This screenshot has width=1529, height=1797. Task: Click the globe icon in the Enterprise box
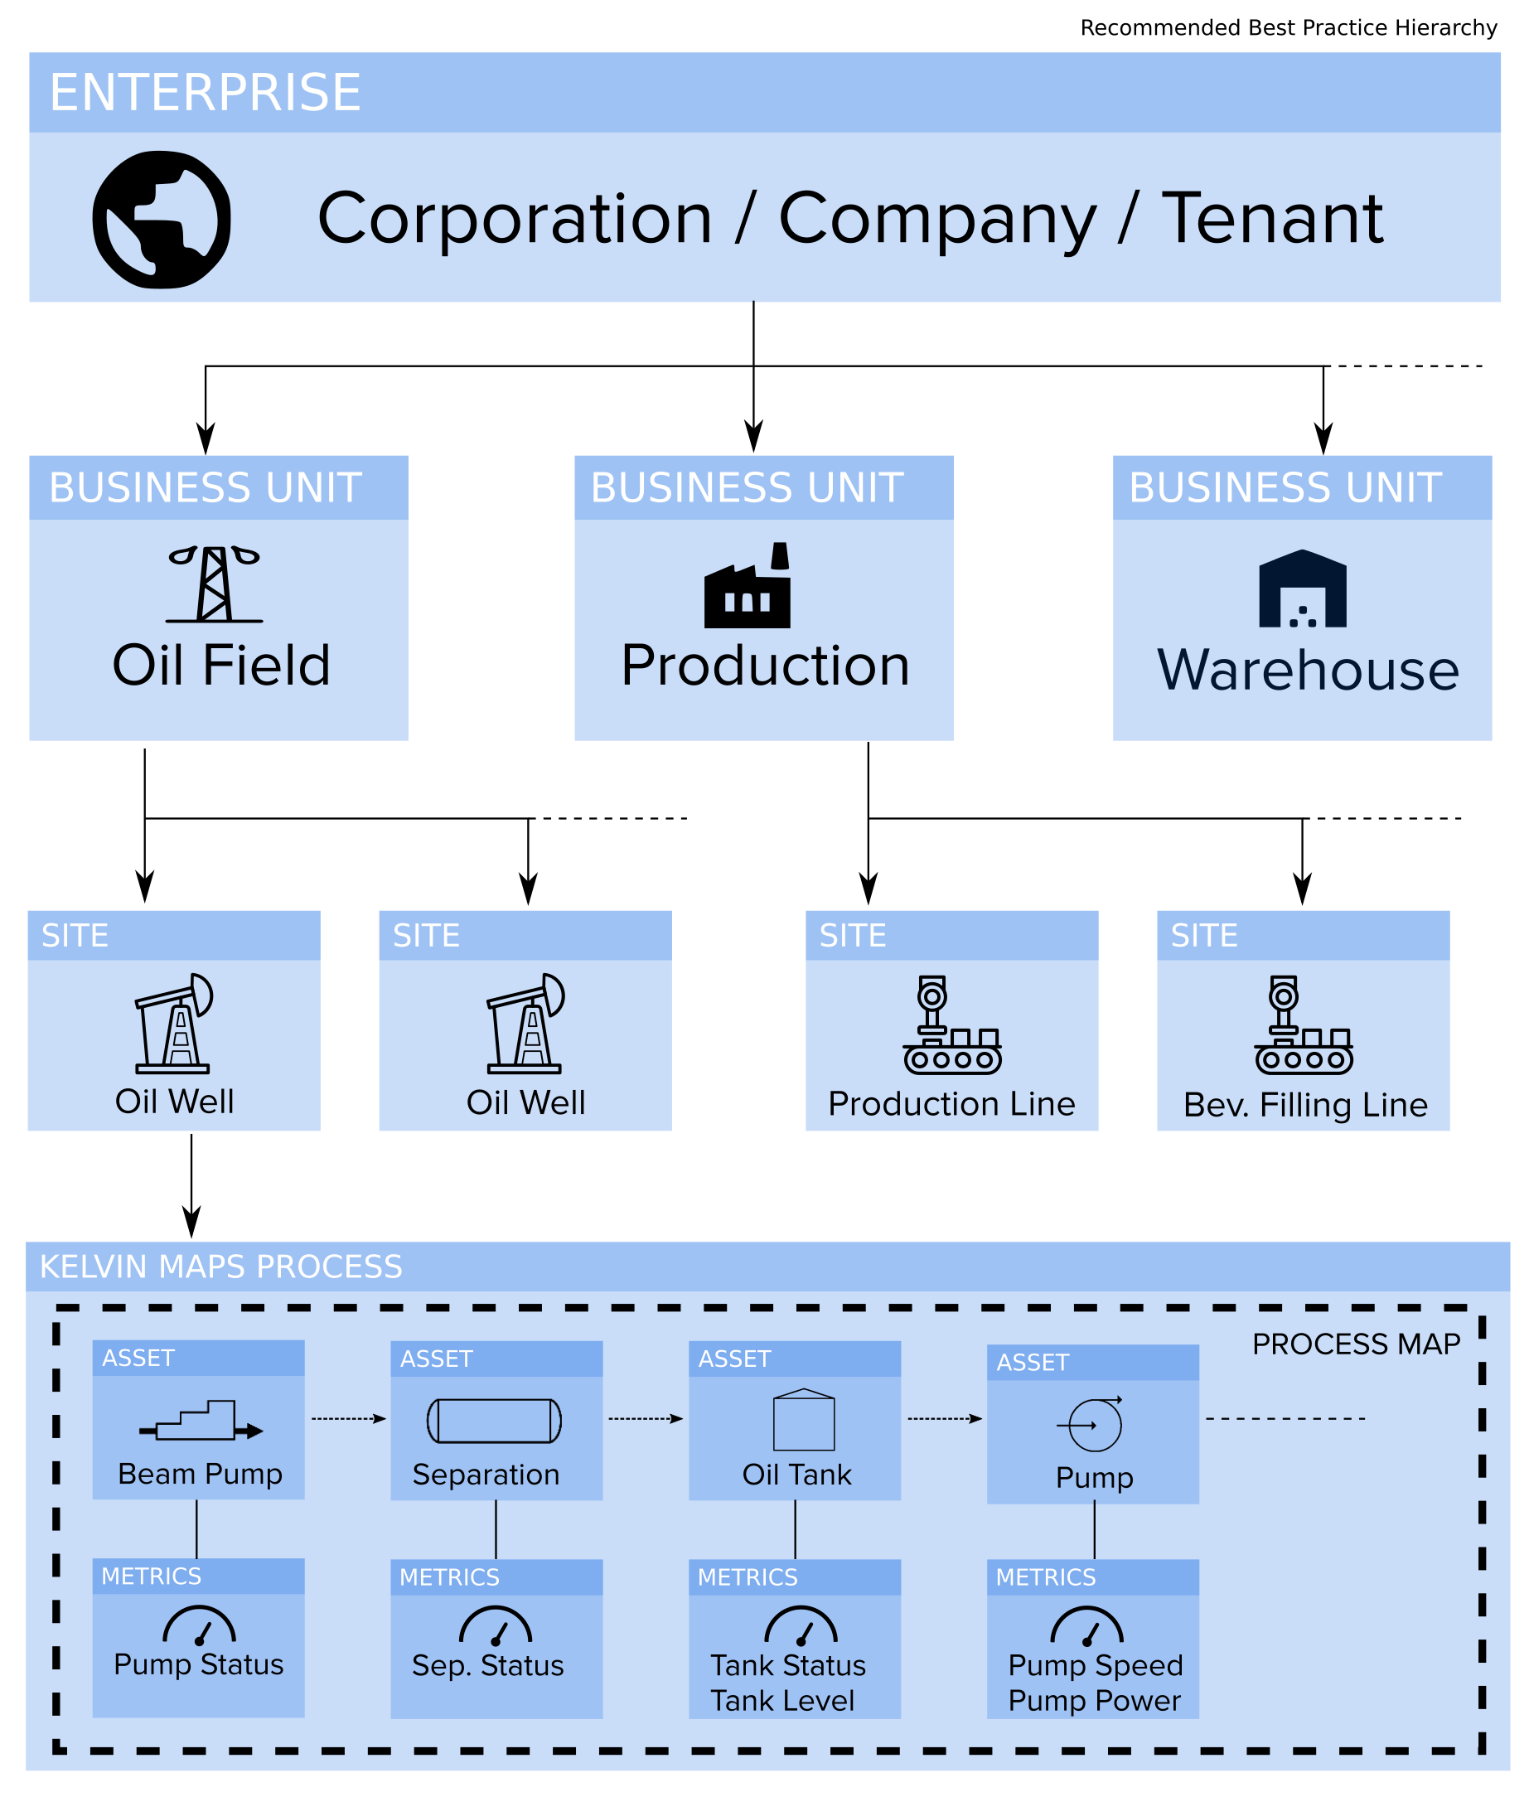(162, 220)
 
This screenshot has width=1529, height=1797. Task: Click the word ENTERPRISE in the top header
(206, 93)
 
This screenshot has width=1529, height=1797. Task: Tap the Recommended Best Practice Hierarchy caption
(1288, 27)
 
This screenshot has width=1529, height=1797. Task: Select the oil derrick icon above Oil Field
(214, 584)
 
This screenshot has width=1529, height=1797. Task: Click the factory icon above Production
(748, 586)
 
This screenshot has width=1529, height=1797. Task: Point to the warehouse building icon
(1302, 589)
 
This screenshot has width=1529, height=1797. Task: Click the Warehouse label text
(1307, 670)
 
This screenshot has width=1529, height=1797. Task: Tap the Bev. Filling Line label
(1304, 1105)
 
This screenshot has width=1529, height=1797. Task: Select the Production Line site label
(951, 1103)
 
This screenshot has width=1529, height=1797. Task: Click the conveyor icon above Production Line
(951, 1025)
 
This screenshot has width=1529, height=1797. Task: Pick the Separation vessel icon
(494, 1421)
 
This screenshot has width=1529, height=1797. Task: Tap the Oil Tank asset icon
(804, 1419)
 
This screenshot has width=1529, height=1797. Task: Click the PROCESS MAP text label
(1356, 1344)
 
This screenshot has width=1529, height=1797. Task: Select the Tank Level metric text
(781, 1700)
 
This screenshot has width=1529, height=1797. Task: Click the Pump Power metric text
(1094, 1700)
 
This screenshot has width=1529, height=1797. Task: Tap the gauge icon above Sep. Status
(496, 1626)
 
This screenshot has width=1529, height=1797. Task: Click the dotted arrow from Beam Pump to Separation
(347, 1419)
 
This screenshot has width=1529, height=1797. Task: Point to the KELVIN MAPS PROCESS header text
(221, 1267)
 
